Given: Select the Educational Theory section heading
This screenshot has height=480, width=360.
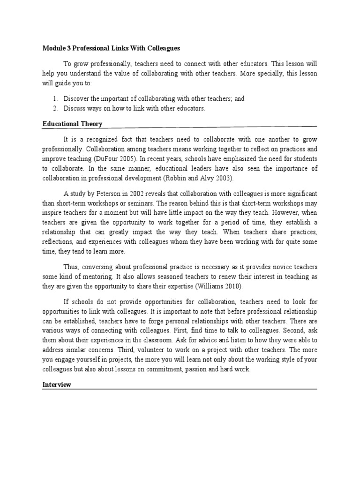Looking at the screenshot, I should pyautogui.click(x=72, y=124).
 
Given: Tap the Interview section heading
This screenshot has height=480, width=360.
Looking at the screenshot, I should pyautogui.click(x=57, y=384).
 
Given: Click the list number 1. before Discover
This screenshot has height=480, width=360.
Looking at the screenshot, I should pyautogui.click(x=55, y=99).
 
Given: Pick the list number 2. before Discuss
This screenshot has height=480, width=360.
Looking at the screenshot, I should pyautogui.click(x=55, y=109).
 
